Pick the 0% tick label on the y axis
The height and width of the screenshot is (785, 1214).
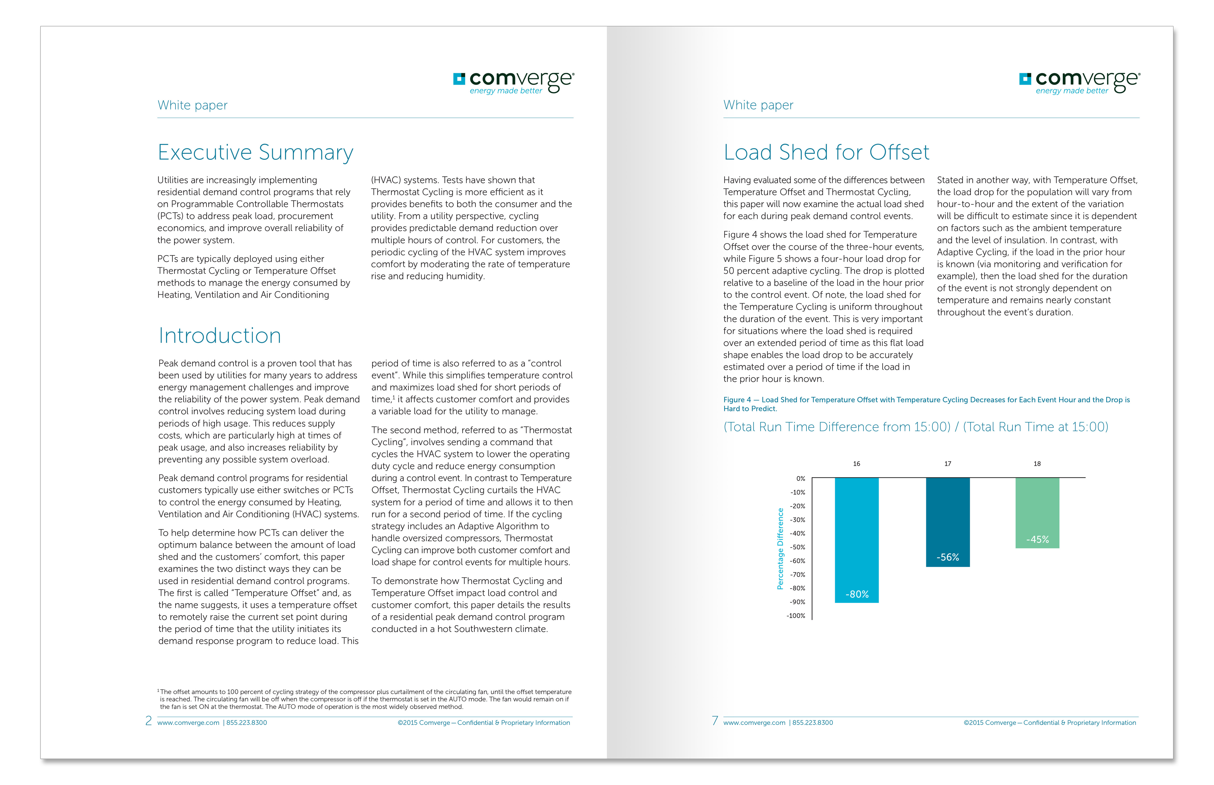[801, 479]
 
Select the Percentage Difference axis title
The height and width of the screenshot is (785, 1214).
[780, 549]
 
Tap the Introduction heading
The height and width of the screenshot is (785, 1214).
[220, 335]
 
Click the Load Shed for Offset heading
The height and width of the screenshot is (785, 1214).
[826, 152]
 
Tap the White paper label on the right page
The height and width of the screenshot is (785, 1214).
[758, 105]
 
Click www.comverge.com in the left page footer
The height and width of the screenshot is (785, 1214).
[188, 723]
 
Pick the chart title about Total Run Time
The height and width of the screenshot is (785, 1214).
[915, 427]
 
